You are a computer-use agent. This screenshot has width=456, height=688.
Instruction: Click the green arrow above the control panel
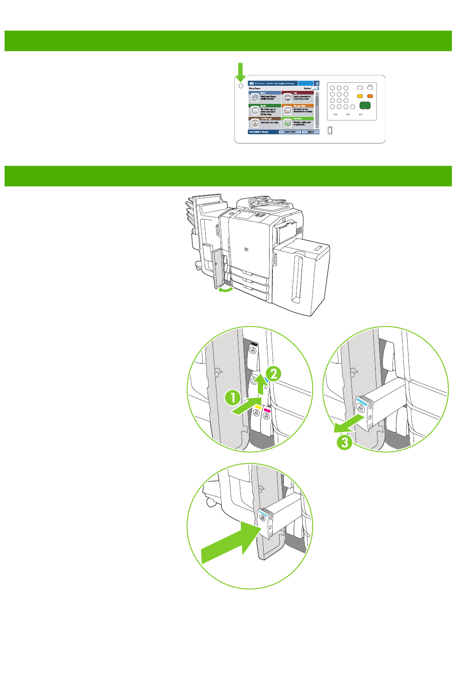(240, 73)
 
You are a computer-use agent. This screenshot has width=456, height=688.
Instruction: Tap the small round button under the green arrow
(241, 86)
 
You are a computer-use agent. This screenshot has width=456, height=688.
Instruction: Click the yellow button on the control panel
(360, 96)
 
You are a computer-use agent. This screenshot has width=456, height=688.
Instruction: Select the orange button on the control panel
(370, 96)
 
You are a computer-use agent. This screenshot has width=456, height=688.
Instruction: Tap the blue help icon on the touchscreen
(317, 84)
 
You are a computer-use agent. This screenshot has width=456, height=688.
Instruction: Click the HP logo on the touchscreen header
(251, 84)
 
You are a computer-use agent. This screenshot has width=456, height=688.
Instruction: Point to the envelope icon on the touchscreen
(255, 111)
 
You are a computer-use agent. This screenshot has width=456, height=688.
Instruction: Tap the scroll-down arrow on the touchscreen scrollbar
(317, 127)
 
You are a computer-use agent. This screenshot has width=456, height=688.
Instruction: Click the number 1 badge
(233, 397)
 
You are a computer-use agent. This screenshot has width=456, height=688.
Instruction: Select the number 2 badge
(273, 374)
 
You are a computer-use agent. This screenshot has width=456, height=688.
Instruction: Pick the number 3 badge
(345, 442)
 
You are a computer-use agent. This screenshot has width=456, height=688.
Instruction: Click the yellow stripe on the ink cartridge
(258, 407)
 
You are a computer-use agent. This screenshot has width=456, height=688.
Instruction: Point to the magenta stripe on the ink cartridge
(267, 411)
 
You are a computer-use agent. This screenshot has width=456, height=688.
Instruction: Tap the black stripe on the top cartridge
(254, 344)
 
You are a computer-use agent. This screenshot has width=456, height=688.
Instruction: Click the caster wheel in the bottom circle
(211, 502)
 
